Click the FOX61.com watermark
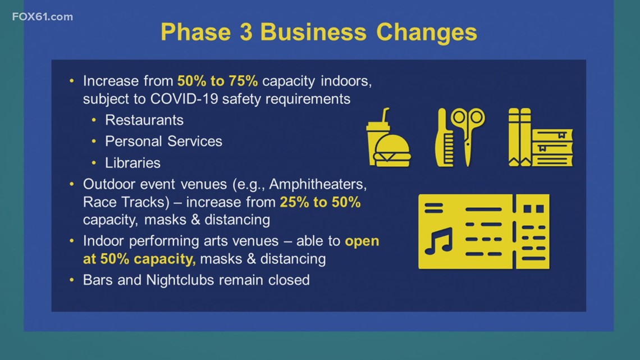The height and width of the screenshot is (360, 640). [x=43, y=17]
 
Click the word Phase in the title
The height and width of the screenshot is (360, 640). [x=196, y=32]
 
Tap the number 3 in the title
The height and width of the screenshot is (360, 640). [x=246, y=32]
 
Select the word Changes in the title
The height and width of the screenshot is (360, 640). [x=427, y=33]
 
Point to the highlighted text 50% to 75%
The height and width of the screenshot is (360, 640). [x=218, y=81]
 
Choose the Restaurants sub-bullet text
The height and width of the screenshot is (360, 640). [x=144, y=120]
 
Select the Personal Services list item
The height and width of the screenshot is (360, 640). [x=164, y=141]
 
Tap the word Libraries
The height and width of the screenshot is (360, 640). [x=132, y=163]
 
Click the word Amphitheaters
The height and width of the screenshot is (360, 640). [x=318, y=184]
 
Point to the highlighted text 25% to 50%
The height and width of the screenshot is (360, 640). [x=320, y=202]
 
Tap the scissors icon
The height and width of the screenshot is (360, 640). [x=468, y=136]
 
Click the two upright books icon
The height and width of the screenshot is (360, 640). [x=520, y=137]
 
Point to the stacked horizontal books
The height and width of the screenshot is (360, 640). [x=552, y=147]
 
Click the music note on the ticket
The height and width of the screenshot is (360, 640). [x=439, y=241]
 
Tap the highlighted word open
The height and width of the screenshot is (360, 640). [x=362, y=241]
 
